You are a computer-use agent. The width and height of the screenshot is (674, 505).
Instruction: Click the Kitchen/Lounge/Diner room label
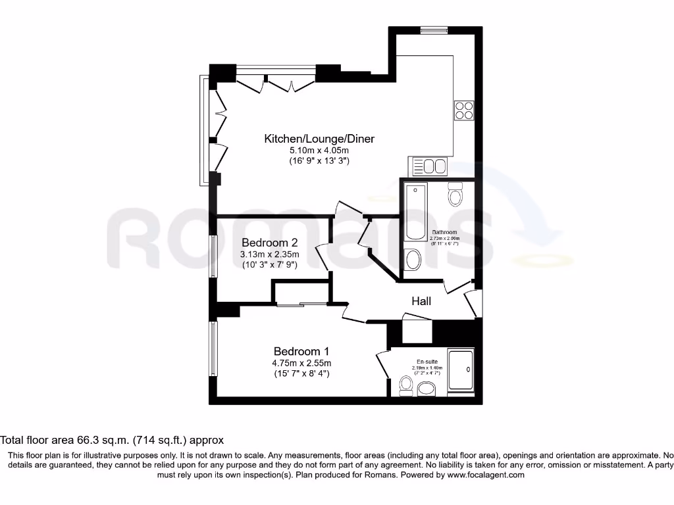click(319, 139)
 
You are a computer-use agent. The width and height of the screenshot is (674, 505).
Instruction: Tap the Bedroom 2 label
click(269, 243)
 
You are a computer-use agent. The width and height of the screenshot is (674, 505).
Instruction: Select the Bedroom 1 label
click(301, 351)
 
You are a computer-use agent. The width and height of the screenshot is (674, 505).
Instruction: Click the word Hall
click(421, 301)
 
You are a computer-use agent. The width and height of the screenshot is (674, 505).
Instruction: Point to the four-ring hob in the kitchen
click(463, 110)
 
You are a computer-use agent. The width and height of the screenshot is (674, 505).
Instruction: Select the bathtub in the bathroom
click(416, 212)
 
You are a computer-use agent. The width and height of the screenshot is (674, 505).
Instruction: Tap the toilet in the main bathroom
click(455, 195)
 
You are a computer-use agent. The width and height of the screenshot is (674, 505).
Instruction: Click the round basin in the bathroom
click(413, 260)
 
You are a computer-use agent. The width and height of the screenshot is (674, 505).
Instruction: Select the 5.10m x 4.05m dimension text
click(319, 150)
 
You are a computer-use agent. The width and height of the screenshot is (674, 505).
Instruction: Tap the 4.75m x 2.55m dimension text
click(302, 363)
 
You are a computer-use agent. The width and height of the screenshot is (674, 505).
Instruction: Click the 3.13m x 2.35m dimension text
click(270, 254)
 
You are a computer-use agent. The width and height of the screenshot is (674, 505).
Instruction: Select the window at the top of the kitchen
click(434, 30)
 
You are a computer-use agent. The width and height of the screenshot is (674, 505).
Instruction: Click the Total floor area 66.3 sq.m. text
click(112, 440)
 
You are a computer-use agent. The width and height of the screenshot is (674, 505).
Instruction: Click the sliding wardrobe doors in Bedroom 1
click(301, 304)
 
